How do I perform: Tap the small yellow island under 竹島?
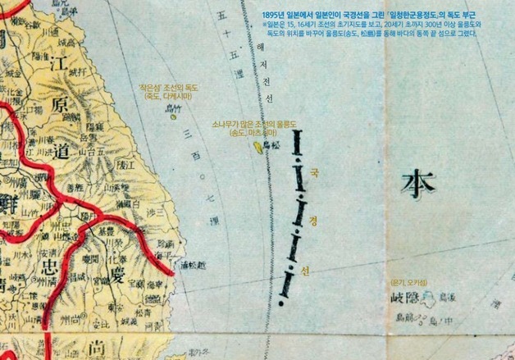pyautogui.click(x=173, y=116)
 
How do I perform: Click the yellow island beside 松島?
pyautogui.click(x=259, y=147)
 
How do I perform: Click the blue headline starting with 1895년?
pyautogui.click(x=368, y=16)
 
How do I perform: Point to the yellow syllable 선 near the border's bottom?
pyautogui.click(x=306, y=269)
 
